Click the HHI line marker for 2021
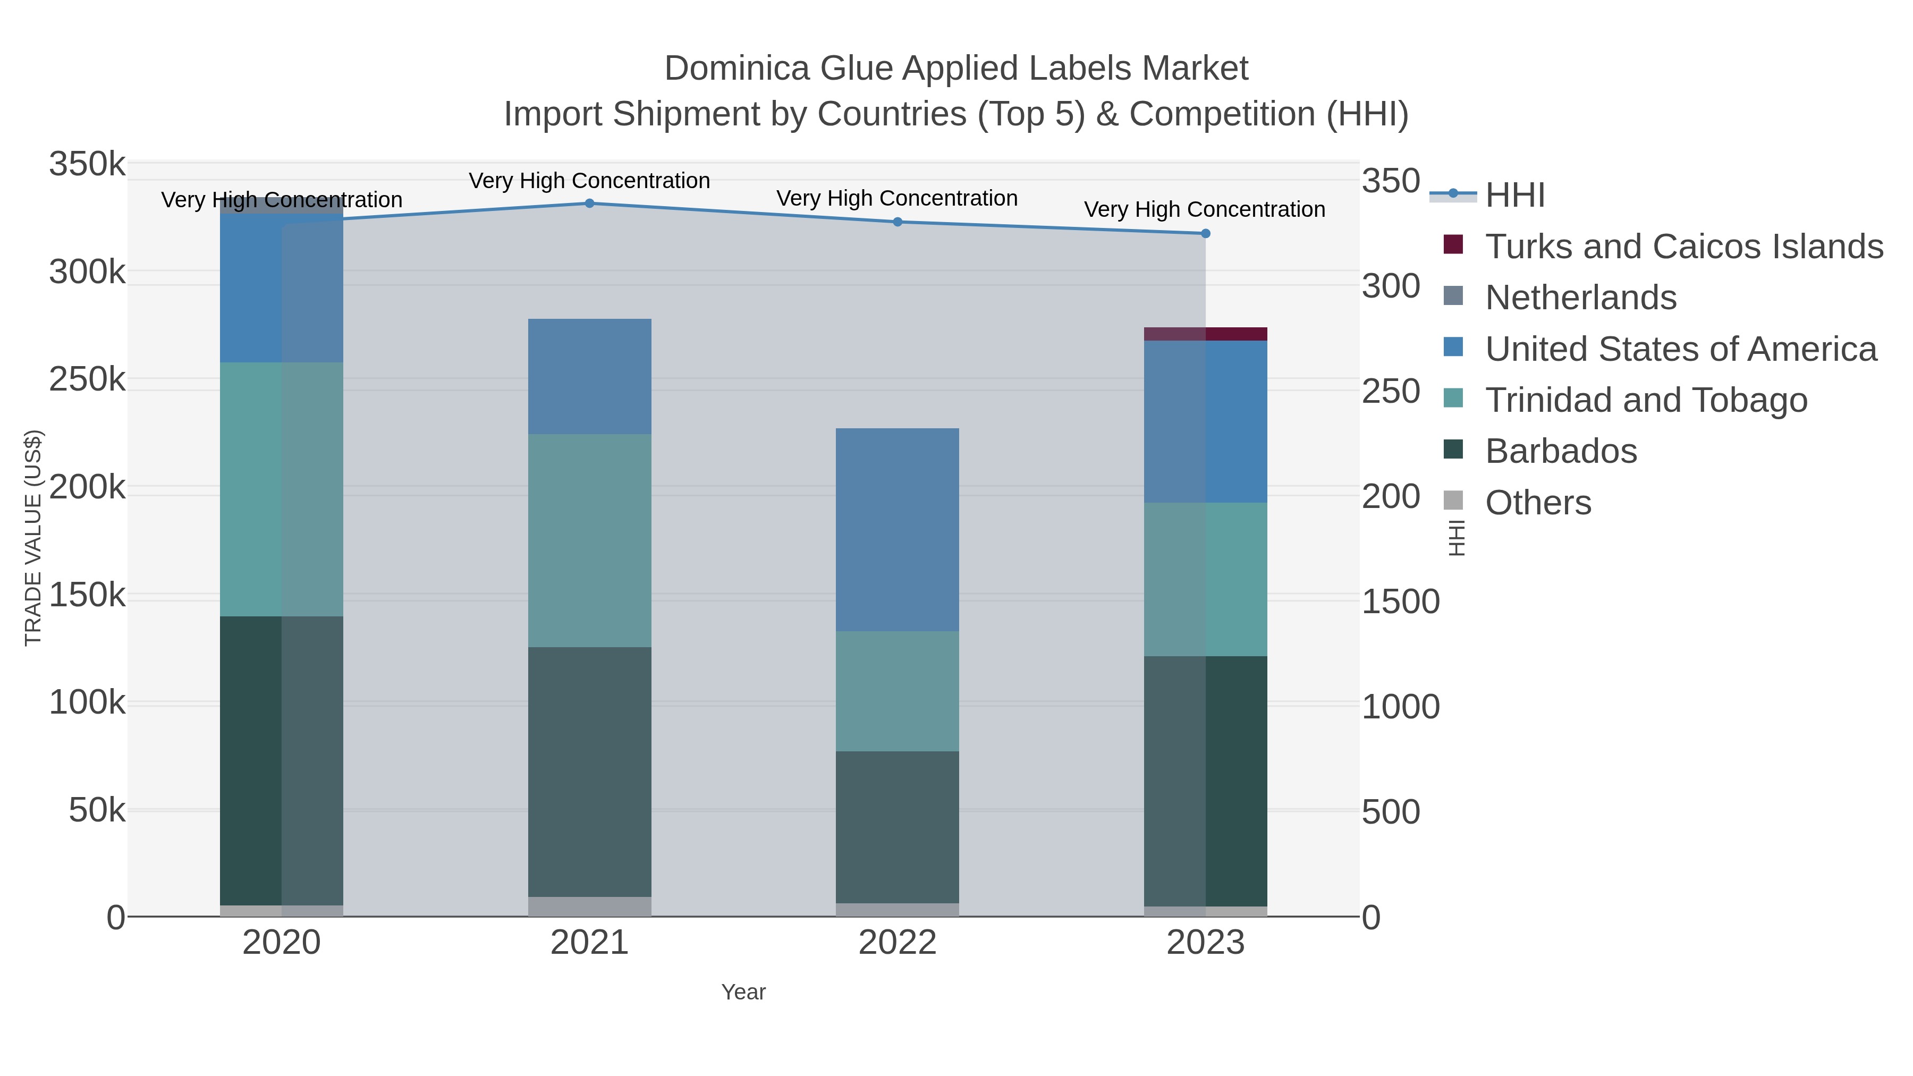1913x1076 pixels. tap(590, 204)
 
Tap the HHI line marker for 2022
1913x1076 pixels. tap(897, 222)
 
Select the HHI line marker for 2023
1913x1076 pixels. tap(1205, 234)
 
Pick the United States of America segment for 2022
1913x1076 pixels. tap(897, 529)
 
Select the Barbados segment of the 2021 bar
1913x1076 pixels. tap(590, 772)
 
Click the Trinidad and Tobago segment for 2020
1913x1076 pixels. tap(282, 489)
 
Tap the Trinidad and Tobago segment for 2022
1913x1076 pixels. tap(897, 691)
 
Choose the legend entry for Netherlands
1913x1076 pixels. tap(1580, 298)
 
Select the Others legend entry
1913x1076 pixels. tap(1538, 503)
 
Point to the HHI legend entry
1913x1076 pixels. tap(1514, 196)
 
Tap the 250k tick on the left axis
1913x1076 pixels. tap(87, 380)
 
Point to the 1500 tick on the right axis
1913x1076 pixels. tap(1400, 601)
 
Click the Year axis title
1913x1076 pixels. tap(743, 992)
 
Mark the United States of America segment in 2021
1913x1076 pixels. tap(590, 377)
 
